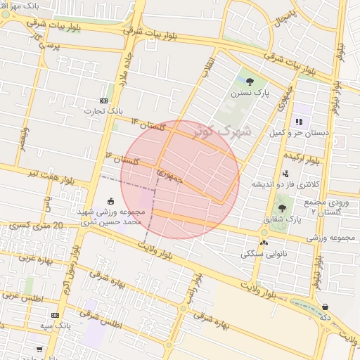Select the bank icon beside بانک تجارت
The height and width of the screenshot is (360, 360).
click(x=104, y=101)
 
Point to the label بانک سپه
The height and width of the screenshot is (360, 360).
click(x=55, y=326)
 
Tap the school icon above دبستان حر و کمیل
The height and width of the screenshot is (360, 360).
click(x=299, y=122)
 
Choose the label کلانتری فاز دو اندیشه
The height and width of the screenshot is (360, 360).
click(x=286, y=184)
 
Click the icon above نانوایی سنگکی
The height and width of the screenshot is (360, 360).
click(x=264, y=243)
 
